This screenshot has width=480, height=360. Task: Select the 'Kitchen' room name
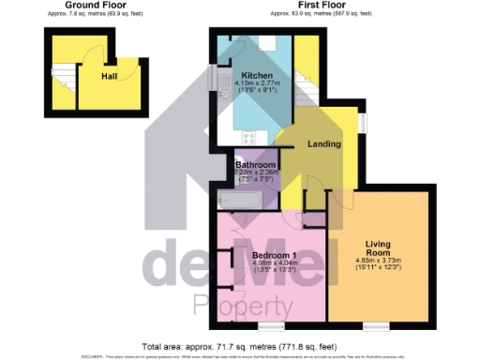(257, 75)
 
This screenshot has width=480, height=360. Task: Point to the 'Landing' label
(324, 143)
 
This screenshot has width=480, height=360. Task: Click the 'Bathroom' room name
(255, 163)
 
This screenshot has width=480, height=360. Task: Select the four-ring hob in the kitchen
(249, 138)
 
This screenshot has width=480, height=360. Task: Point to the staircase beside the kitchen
(305, 75)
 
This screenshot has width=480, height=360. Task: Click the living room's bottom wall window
(374, 325)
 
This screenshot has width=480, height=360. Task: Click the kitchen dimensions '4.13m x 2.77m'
(257, 83)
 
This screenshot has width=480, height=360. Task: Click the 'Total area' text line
(240, 345)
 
